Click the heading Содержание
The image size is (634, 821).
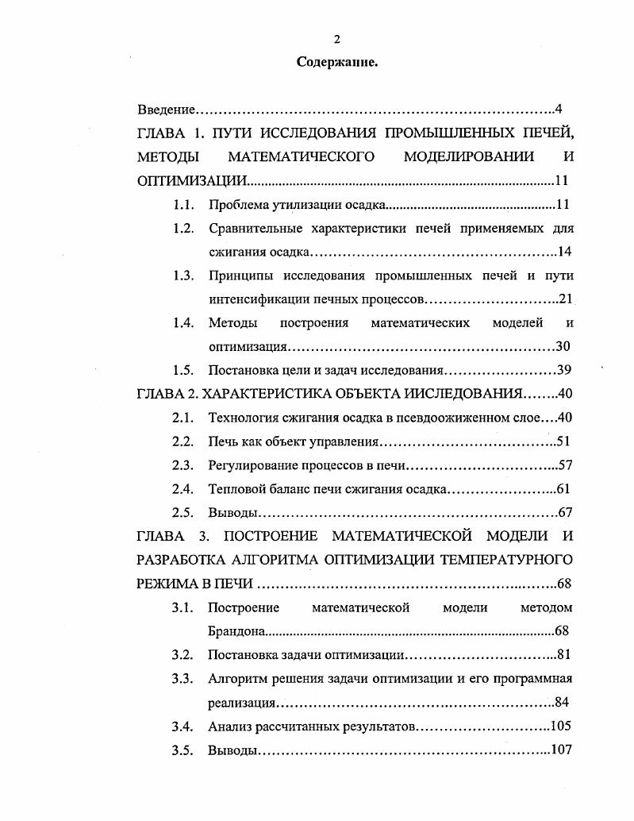(336, 62)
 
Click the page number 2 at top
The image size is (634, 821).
(336, 39)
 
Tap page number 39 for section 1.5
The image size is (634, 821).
(565, 370)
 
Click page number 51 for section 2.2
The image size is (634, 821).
(563, 441)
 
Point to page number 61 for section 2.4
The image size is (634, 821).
(563, 489)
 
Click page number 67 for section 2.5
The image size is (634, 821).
(565, 513)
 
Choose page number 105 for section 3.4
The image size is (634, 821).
(562, 726)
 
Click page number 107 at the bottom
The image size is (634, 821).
(562, 750)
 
